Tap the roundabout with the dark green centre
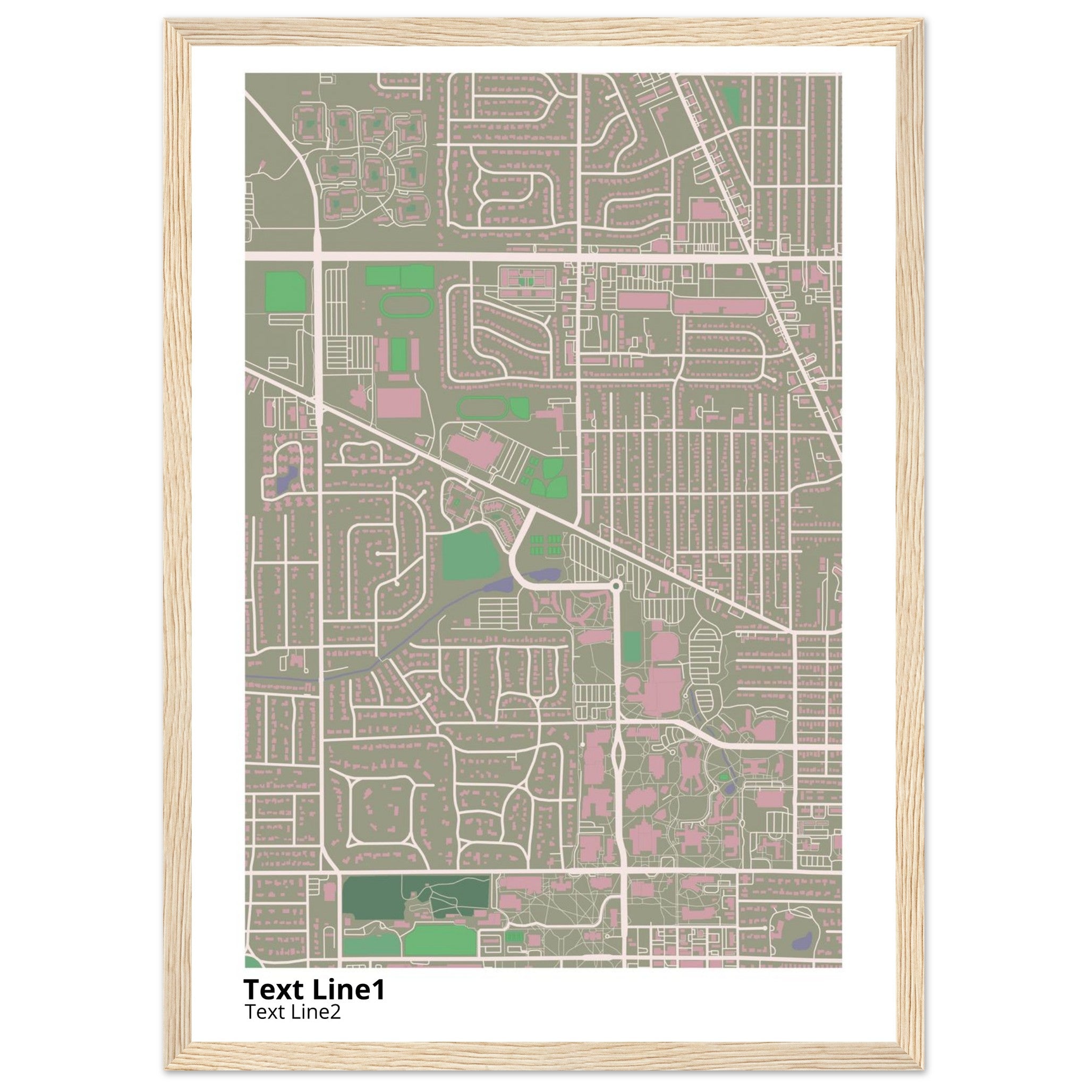point(616,587)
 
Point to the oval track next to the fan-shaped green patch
point(481,407)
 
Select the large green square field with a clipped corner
point(471,556)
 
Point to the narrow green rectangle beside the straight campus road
point(632,648)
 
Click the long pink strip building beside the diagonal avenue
point(718,306)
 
